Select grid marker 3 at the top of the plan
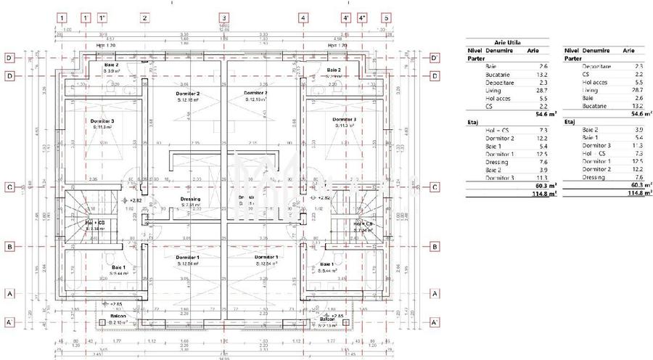[x=224, y=17]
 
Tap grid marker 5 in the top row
[x=386, y=17]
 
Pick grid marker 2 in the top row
[x=144, y=17]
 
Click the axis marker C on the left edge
[x=10, y=187]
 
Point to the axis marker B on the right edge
[x=434, y=247]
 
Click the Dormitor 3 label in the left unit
[x=102, y=120]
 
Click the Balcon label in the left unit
[x=118, y=316]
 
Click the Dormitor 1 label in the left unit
[x=187, y=257]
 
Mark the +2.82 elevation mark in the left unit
[x=135, y=199]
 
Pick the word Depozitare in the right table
[x=596, y=66]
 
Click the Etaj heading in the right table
[x=570, y=121]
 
